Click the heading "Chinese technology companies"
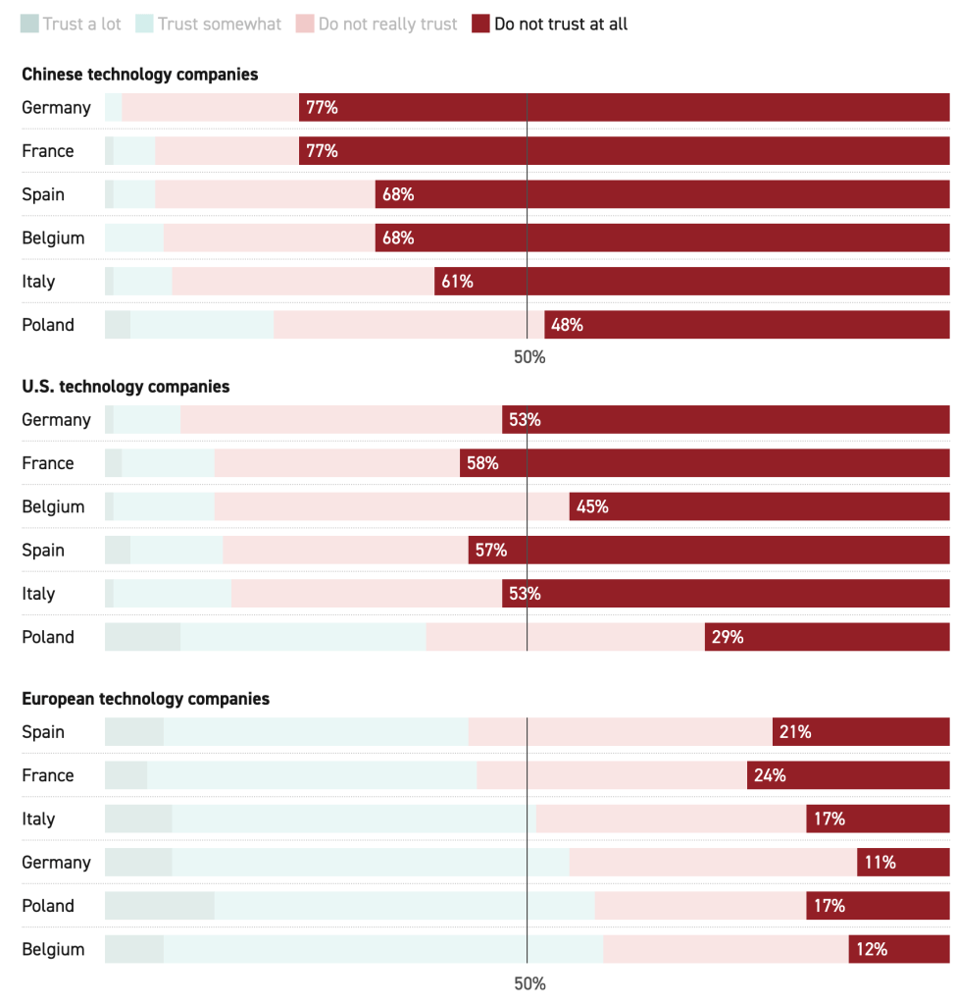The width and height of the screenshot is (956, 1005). click(140, 75)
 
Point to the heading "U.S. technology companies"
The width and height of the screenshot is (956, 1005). click(126, 387)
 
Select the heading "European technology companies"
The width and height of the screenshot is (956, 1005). click(145, 699)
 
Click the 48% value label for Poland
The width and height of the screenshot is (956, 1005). click(567, 325)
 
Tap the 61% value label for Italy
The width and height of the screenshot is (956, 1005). click(457, 282)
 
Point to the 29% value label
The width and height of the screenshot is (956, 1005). click(728, 637)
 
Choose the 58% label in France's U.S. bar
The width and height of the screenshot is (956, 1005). click(482, 463)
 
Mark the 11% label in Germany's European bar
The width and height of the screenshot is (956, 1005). click(880, 863)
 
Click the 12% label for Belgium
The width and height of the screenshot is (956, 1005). click(871, 949)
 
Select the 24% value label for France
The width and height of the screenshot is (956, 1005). click(770, 775)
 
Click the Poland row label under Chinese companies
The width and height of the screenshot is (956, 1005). click(48, 325)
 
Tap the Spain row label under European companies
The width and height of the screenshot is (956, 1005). click(43, 732)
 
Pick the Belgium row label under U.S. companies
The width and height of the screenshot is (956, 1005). click(53, 506)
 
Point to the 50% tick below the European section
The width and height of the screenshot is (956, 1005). click(529, 983)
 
